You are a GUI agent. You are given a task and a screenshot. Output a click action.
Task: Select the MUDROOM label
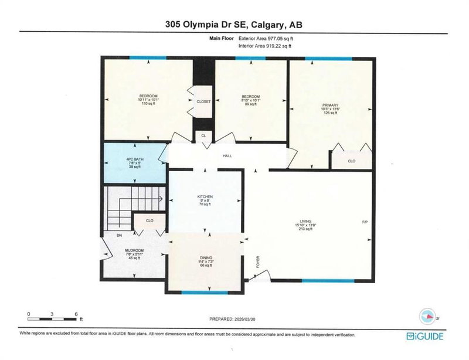pyautogui.click(x=134, y=250)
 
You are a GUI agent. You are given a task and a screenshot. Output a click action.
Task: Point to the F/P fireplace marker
pyautogui.click(x=365, y=222)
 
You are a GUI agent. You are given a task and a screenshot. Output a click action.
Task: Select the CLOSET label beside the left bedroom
pyautogui.click(x=203, y=101)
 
